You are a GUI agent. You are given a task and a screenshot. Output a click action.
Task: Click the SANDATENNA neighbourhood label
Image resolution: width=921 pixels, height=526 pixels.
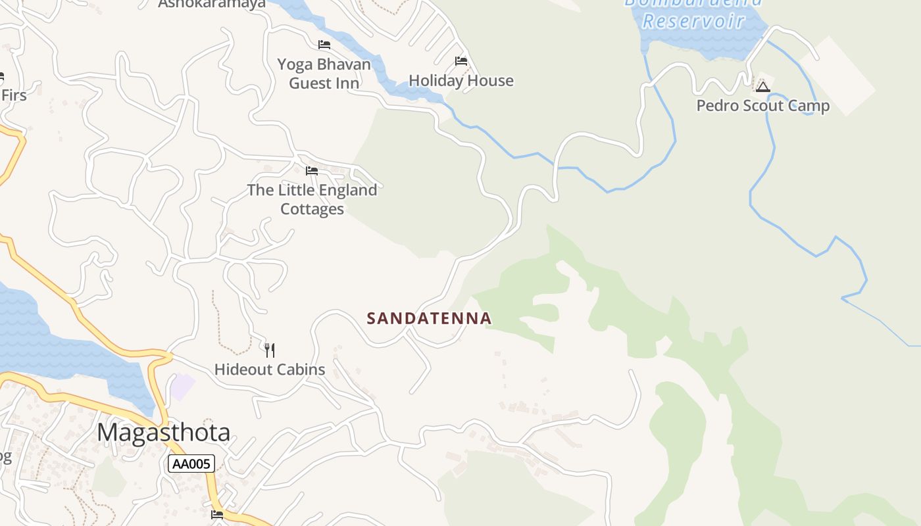coord(429,318)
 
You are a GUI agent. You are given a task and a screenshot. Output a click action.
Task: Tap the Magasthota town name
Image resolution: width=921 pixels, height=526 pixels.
coord(164,433)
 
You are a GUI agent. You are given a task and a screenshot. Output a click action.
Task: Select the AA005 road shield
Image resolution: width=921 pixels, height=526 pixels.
coord(191,464)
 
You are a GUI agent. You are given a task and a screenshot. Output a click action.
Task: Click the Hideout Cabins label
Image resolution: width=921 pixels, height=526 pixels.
coord(270,370)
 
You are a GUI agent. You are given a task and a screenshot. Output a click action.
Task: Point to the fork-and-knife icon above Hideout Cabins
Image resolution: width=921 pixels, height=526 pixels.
coord(270,350)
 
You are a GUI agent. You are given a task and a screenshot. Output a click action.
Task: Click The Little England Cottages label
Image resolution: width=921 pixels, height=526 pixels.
coord(312,199)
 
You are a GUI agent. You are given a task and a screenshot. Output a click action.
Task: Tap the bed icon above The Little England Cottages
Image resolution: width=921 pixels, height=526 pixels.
coord(312,171)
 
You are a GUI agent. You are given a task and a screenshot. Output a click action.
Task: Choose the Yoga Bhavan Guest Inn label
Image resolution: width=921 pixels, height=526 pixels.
coord(324,74)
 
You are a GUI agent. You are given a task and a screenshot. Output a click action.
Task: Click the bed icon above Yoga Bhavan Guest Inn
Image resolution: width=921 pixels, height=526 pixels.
coord(324,45)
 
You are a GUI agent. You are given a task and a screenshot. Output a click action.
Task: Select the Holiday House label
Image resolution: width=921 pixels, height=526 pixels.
coord(461,81)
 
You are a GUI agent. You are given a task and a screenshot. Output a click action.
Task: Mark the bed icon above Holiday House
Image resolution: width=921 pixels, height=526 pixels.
coord(461,61)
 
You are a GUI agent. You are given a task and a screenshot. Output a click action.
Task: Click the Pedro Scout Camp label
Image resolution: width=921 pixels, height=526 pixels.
coord(763,106)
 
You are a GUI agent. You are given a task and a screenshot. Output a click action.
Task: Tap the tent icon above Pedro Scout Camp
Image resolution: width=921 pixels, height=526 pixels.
coord(762,87)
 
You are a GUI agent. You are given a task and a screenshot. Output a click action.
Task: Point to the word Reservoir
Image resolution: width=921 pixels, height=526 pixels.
coord(693,21)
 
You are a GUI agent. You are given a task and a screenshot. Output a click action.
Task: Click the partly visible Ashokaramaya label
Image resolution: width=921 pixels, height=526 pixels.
coord(212,4)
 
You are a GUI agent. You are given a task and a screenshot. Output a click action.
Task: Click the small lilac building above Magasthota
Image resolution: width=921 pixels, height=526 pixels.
coord(183,387)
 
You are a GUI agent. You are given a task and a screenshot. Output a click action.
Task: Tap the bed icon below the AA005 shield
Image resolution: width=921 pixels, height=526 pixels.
coord(217,514)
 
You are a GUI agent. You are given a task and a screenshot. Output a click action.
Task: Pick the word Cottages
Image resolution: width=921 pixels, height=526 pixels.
coord(312,209)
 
